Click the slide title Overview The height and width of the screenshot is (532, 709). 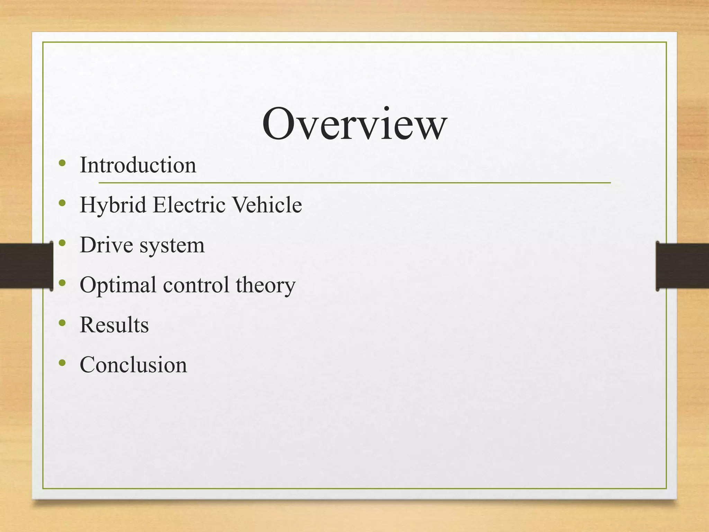pos(354,124)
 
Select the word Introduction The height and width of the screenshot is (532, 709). pos(138,165)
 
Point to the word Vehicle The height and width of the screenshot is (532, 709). pos(267,205)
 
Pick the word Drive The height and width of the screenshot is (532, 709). pos(106,245)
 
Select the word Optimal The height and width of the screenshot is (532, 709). pos(118,285)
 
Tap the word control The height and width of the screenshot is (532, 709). pos(196,285)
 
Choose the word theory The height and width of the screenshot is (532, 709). pos(266,286)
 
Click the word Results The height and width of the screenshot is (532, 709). pos(114,325)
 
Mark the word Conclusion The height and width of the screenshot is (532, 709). pos(133,365)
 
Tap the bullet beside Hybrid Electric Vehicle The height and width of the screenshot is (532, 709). pos(62,203)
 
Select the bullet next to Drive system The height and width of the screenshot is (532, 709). pos(62,243)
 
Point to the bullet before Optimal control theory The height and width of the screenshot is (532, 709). pos(62,283)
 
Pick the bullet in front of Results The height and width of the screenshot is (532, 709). pos(62,323)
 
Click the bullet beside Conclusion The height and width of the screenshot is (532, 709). pos(62,363)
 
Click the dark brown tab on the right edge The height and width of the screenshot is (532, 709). pos(682,266)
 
